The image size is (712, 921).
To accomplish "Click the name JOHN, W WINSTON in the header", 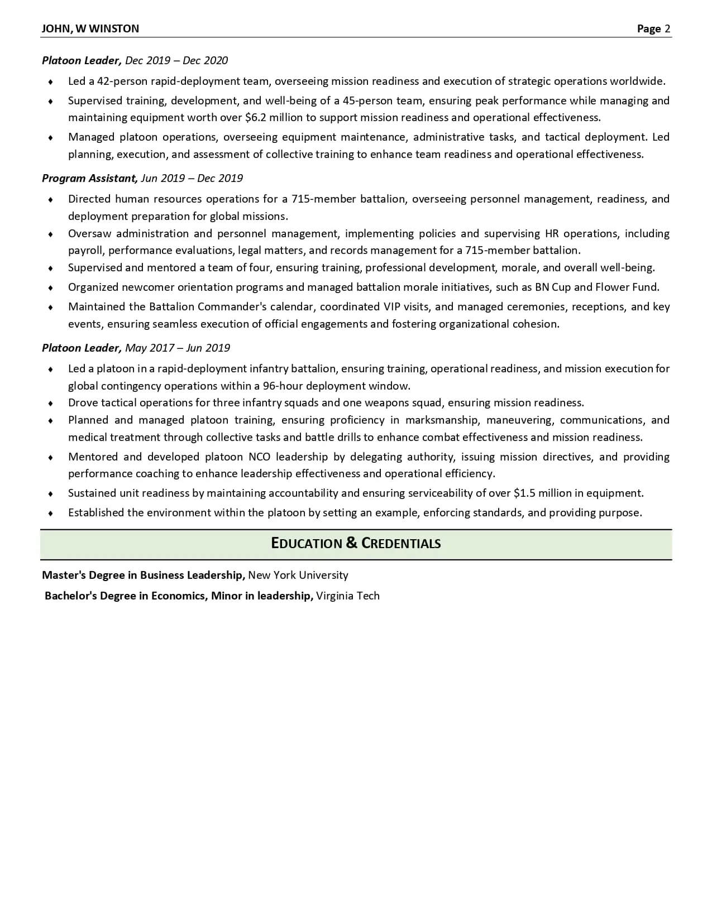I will (90, 28).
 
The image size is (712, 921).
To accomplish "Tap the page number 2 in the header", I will (667, 28).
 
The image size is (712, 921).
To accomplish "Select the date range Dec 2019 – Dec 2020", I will (176, 60).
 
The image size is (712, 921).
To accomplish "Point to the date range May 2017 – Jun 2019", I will (178, 348).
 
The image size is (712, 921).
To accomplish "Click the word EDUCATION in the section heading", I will (306, 543).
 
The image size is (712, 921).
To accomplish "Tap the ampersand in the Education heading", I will (351, 543).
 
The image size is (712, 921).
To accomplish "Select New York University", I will (298, 575).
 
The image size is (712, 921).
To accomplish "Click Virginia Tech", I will (347, 596).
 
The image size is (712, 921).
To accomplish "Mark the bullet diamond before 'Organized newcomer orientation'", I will (51, 287).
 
